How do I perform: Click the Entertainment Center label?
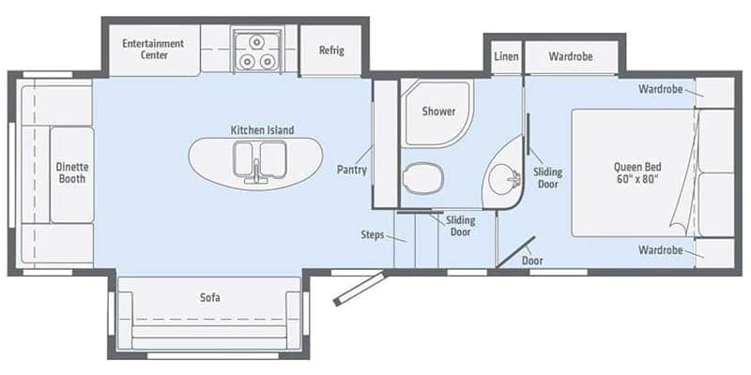pos(153,49)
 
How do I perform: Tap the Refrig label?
pos(331,51)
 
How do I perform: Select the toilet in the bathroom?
pos(423,178)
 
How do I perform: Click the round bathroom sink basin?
pos(503,179)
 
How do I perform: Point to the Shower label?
pos(438,112)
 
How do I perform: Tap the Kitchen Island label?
pos(263,129)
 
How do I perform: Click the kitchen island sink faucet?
pos(256,172)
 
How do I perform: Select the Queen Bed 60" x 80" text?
pos(637,172)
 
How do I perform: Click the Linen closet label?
pos(506,56)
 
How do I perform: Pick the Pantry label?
pos(351,170)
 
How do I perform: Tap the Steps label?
pos(372,235)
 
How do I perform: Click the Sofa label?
pos(209,297)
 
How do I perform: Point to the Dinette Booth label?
pos(72,172)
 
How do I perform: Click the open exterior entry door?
pos(359,289)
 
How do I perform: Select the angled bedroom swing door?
pos(515,251)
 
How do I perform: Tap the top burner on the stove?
pos(256,42)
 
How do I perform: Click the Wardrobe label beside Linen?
pos(571,56)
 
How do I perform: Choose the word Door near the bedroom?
pos(532,261)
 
